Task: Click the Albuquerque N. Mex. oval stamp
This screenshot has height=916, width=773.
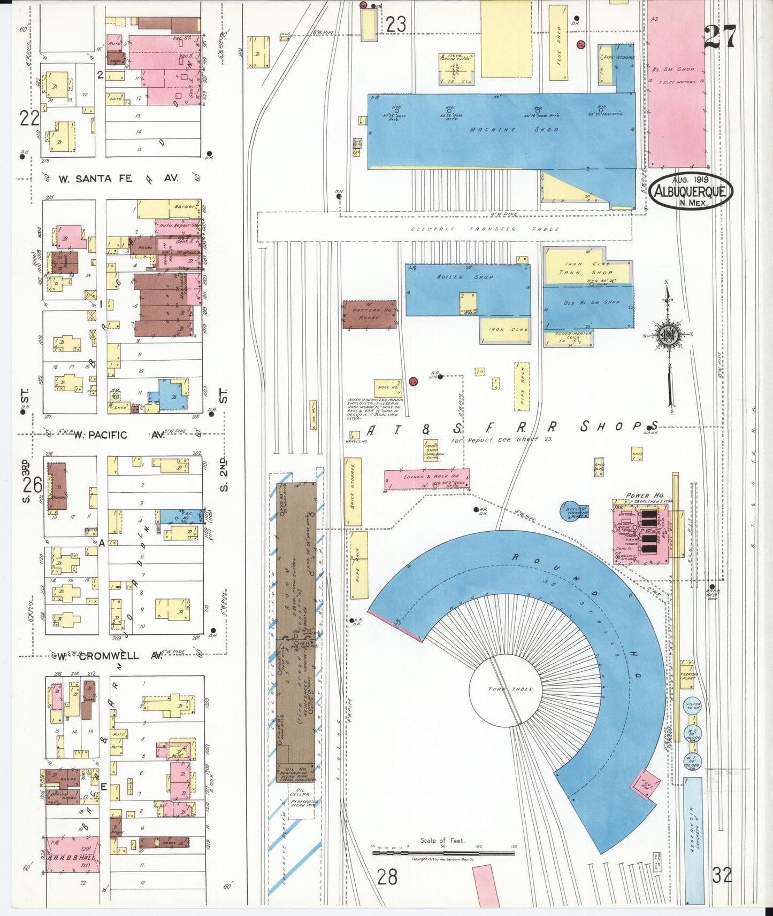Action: [691, 191]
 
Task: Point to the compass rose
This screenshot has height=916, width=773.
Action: [668, 335]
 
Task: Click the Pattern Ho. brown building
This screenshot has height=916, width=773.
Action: [369, 314]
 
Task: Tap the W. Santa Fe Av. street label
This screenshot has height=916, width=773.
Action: [118, 178]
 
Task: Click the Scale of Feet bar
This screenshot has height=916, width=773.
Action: [443, 853]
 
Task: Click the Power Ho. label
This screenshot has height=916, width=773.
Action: [645, 495]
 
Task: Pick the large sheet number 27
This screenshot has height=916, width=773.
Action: [720, 37]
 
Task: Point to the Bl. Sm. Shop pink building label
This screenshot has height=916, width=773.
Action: [673, 69]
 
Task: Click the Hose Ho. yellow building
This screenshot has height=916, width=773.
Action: [388, 387]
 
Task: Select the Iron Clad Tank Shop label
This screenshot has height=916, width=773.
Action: [586, 268]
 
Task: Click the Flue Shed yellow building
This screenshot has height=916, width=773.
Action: [558, 43]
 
